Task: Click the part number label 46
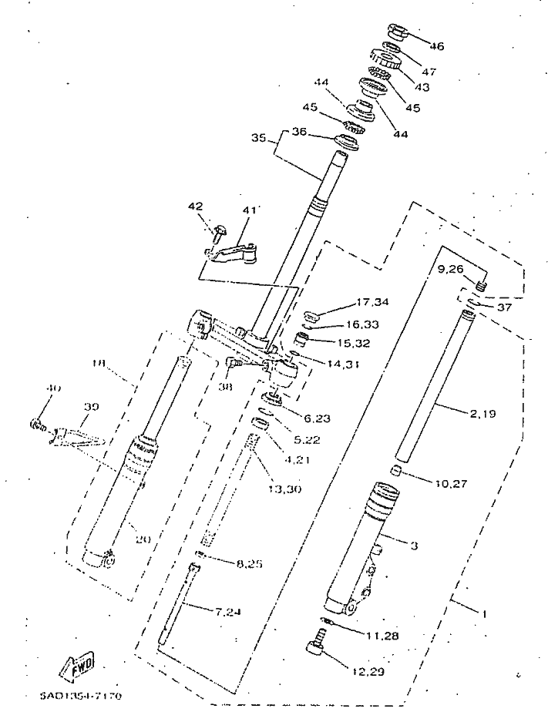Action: coord(436,46)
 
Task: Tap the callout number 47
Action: coord(429,72)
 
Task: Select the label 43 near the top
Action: coord(422,88)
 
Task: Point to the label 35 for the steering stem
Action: coord(258,139)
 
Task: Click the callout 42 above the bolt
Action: coord(196,207)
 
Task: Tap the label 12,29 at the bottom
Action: coord(369,672)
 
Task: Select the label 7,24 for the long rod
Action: coord(228,613)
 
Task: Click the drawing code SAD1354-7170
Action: coord(80,696)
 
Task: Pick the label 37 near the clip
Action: coord(504,307)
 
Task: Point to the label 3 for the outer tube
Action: coord(414,546)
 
